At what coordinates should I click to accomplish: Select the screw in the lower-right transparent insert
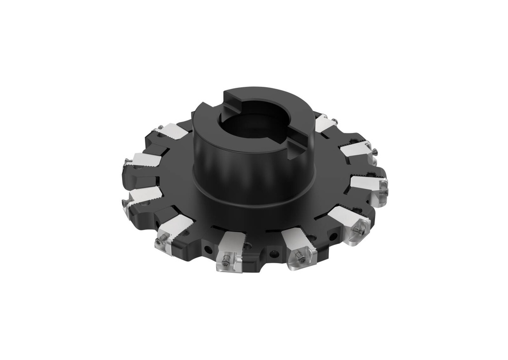tap(361, 230)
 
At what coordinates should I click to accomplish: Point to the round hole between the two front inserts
tap(272, 254)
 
